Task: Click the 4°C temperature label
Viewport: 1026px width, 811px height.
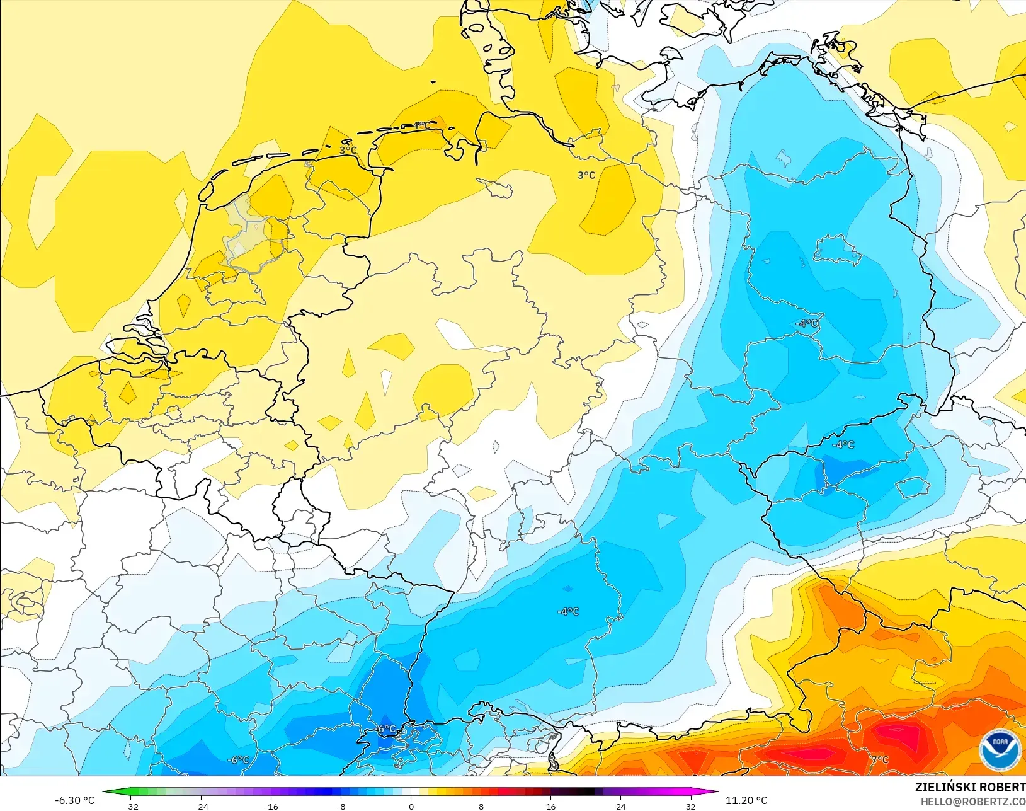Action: (421, 125)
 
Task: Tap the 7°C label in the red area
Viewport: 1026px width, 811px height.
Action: (879, 759)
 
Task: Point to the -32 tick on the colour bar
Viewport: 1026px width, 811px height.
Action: (131, 806)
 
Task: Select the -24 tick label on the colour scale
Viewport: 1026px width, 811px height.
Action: (200, 806)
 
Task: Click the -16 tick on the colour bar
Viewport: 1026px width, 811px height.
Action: (270, 806)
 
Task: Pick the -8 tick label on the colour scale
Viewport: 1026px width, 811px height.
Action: (341, 806)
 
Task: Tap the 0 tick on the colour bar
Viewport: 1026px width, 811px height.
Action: (411, 806)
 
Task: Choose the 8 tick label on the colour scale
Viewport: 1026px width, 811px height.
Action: (481, 806)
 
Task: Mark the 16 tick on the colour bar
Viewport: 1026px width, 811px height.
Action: (551, 806)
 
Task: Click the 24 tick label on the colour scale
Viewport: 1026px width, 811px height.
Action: (621, 806)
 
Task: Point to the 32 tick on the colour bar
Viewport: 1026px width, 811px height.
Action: (691, 806)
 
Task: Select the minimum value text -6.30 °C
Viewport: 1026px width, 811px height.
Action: (74, 800)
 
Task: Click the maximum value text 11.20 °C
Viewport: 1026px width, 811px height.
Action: (746, 800)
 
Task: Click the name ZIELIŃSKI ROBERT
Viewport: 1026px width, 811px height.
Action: (970, 787)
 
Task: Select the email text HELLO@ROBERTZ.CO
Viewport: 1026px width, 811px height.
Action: (973, 802)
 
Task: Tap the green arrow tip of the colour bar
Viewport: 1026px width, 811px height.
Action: (105, 792)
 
